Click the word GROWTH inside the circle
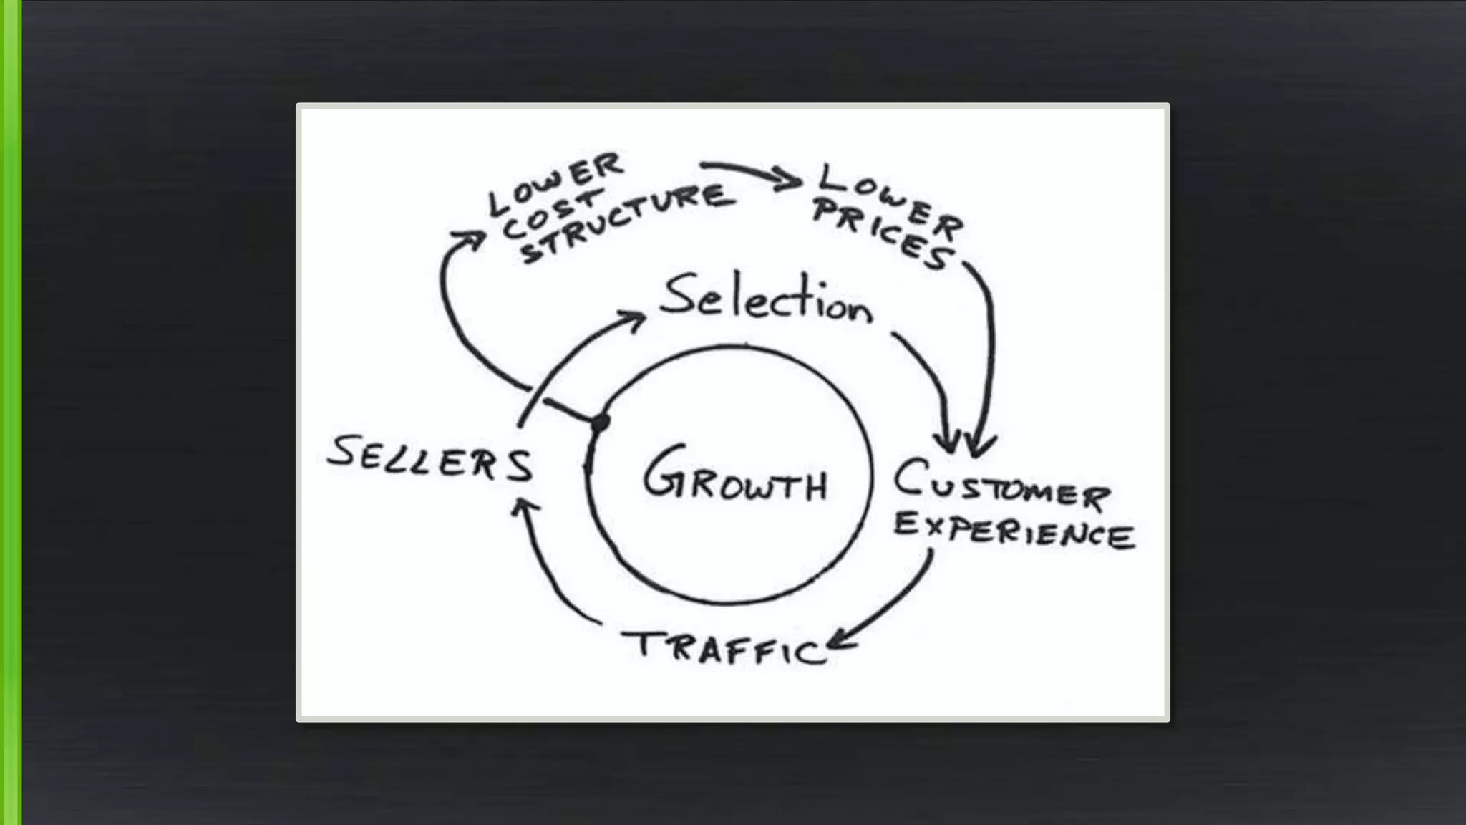735,476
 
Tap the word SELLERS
429,459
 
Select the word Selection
766,299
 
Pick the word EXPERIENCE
1013,530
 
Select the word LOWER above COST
555,182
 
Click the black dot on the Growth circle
600,423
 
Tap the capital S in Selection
677,295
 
